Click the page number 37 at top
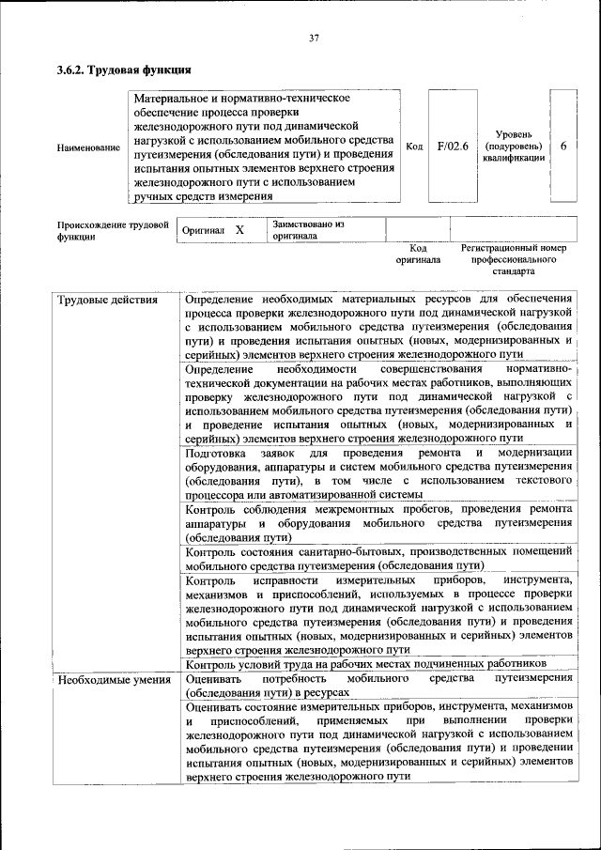tap(314, 39)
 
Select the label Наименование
tap(88, 147)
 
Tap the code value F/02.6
tap(453, 147)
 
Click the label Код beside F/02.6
tap(414, 147)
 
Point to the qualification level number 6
tap(562, 147)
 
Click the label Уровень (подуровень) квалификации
tap(513, 147)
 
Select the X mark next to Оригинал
tap(239, 230)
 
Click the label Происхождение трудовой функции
tap(112, 231)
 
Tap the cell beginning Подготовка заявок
tap(379, 473)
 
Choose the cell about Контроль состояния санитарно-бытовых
tap(379, 558)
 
